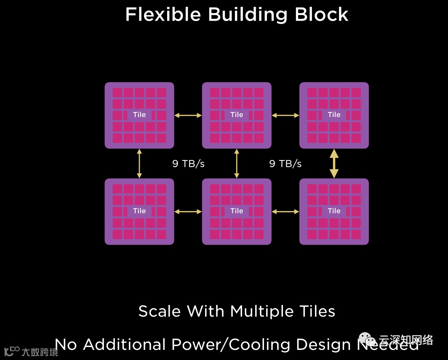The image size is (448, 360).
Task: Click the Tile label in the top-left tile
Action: (x=139, y=115)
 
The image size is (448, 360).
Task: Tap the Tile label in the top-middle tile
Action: (x=237, y=115)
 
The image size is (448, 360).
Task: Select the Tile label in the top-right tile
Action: (x=334, y=115)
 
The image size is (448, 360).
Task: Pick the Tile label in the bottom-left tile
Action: (x=139, y=211)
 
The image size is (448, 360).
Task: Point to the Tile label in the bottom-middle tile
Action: (x=237, y=211)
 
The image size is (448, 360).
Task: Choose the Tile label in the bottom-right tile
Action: (x=334, y=211)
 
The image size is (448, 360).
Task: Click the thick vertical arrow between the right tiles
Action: (x=334, y=163)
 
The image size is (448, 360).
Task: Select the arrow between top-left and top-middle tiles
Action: (x=188, y=115)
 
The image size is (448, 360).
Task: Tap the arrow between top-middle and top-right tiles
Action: (x=285, y=115)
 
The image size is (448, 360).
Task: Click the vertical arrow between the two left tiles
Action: (x=139, y=163)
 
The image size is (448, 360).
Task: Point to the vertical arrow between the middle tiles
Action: (x=237, y=163)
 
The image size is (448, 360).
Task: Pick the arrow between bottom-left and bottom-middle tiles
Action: (x=188, y=211)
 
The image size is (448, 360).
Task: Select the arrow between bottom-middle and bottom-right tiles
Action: (x=285, y=211)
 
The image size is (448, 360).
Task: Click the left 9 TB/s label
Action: (x=188, y=164)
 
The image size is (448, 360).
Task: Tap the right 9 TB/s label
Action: (x=285, y=164)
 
